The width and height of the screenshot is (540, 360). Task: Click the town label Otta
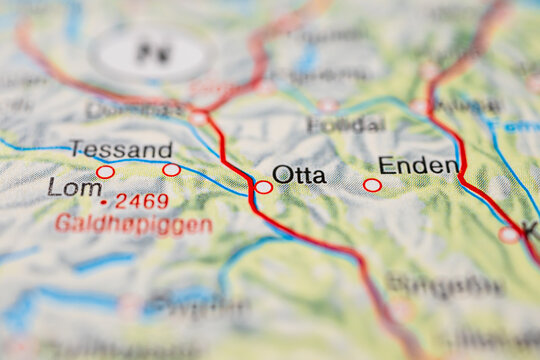tap(299, 175)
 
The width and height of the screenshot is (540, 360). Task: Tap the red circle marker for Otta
tap(263, 186)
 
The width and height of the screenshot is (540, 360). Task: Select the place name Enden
tap(419, 166)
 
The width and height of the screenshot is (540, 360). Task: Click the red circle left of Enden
tap(372, 185)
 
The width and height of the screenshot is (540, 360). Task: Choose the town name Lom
tap(75, 187)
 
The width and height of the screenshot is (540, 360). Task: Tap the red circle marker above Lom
tap(105, 172)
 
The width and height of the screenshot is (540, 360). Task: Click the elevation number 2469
tap(141, 201)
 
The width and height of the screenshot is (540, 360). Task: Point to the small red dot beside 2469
tap(104, 202)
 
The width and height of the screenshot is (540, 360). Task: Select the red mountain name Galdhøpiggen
tap(133, 224)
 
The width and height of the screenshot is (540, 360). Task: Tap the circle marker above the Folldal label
tap(327, 104)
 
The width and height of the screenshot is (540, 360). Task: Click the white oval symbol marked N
tap(153, 53)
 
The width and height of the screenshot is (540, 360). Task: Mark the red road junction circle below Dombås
tap(199, 118)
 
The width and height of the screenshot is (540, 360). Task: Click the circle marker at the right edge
tap(509, 235)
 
